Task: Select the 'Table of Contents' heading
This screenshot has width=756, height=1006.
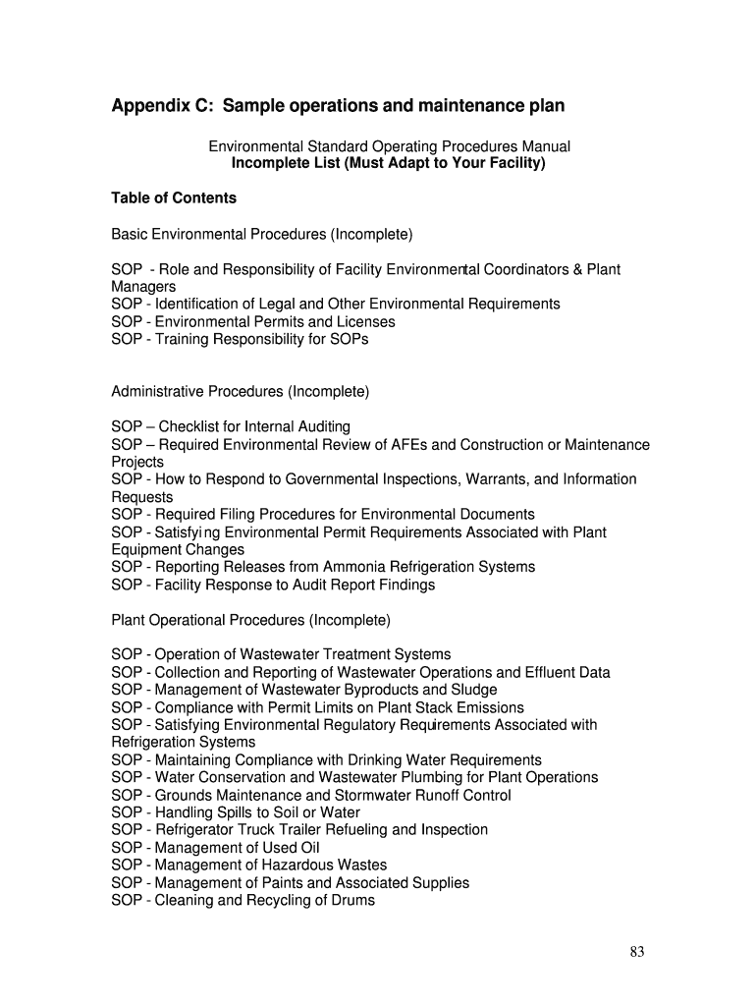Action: [174, 198]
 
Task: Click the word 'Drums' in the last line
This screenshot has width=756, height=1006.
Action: [353, 900]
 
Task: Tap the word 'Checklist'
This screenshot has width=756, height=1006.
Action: [190, 427]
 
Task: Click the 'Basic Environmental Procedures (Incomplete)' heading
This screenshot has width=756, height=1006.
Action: [262, 235]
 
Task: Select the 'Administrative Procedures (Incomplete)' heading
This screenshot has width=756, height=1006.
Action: [241, 392]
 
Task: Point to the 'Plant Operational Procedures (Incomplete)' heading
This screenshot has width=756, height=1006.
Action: [250, 621]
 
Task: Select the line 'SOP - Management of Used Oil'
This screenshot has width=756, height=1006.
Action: [215, 848]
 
